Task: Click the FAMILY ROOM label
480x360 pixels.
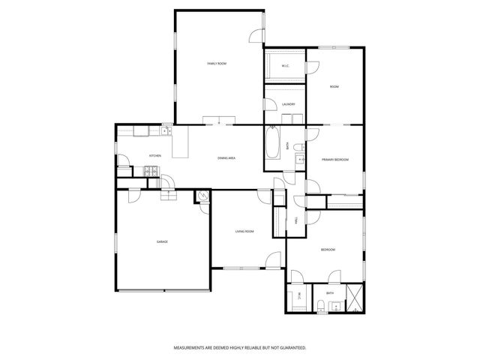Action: click(217, 64)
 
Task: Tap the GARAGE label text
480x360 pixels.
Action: click(162, 241)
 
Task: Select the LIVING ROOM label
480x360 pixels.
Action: click(244, 232)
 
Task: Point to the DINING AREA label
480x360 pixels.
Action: click(227, 158)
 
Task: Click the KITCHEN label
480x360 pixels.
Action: click(155, 156)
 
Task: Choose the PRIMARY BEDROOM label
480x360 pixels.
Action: click(335, 160)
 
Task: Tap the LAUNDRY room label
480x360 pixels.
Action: click(288, 104)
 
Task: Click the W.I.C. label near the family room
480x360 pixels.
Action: click(286, 67)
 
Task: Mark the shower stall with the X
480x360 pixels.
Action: click(355, 298)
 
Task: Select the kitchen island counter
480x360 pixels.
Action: click(180, 142)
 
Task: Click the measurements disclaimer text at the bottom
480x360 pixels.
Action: click(240, 348)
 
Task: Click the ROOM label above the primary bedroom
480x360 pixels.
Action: click(334, 87)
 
